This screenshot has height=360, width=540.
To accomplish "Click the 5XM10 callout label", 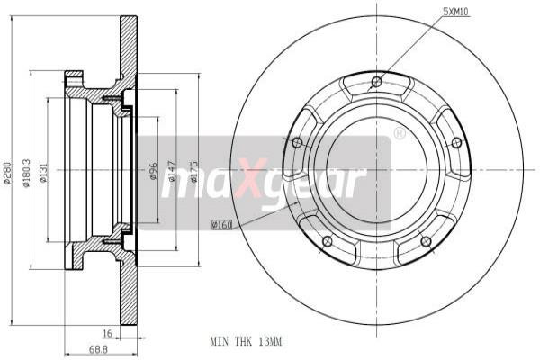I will [x=456, y=11].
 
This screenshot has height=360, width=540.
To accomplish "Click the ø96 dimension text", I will [x=153, y=170].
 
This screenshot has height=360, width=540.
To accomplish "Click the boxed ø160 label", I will [x=221, y=223].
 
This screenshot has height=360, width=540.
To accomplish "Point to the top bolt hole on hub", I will [x=377, y=84].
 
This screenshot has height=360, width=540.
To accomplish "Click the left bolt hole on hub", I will [x=297, y=141].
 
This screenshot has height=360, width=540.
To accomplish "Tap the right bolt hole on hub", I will [x=456, y=142].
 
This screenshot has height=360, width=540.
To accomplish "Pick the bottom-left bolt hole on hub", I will [x=327, y=240].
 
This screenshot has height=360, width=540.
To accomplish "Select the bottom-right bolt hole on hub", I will [x=426, y=240].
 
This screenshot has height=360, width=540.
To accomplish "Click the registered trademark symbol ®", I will [x=399, y=134].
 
